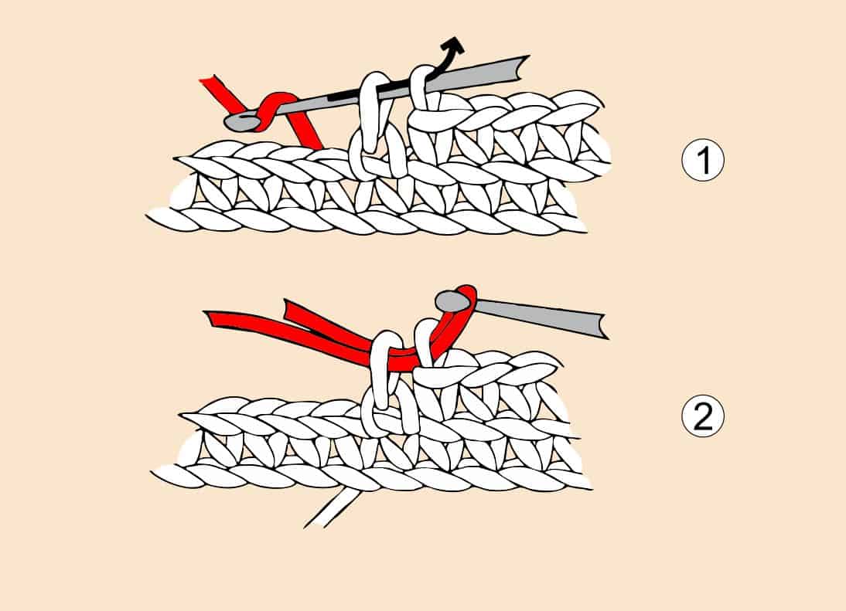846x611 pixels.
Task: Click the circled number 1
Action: point(702,161)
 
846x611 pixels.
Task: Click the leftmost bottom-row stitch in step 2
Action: point(176,475)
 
